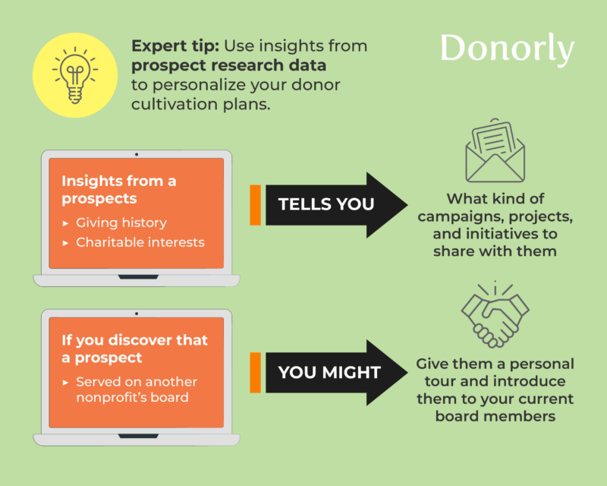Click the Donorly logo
[507, 49]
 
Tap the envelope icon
[495, 150]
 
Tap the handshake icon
[495, 313]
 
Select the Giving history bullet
[121, 223]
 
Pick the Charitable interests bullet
[137, 243]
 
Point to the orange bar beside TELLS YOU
[255, 204]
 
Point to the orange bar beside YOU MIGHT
[255, 372]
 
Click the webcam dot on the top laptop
[137, 153]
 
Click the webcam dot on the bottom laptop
[137, 313]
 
